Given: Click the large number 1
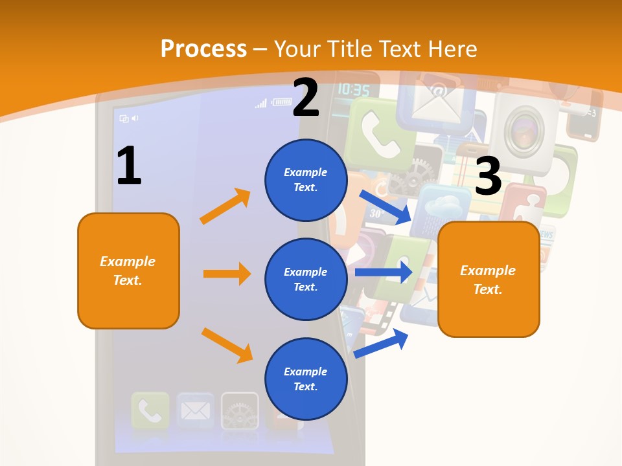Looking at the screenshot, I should (x=129, y=166).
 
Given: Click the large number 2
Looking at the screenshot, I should (x=306, y=98).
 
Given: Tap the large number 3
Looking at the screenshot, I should (x=488, y=177).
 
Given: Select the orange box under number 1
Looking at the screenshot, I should (x=128, y=271).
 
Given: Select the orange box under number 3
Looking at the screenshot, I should (x=489, y=279).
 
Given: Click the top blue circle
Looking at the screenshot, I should (x=306, y=180).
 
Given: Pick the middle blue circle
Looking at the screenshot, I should (x=306, y=279).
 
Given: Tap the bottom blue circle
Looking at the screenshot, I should (x=306, y=379).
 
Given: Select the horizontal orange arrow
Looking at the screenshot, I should (x=227, y=274).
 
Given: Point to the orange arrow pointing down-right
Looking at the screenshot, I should (x=227, y=344).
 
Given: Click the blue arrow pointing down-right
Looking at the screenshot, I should (x=386, y=206).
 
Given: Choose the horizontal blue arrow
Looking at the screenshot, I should (x=384, y=272).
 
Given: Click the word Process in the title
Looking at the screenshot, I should (x=203, y=49).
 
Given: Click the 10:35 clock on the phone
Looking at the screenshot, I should (x=354, y=90).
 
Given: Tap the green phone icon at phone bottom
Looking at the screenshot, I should (x=150, y=410).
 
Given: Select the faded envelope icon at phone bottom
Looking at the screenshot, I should (x=195, y=410).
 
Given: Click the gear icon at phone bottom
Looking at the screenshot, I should (x=240, y=410).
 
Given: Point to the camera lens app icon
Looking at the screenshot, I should (x=523, y=128).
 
